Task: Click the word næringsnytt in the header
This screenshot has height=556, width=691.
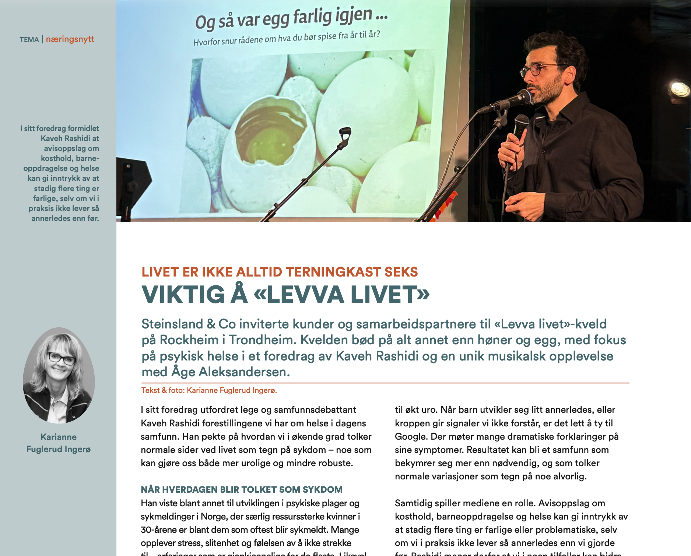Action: [x=70, y=39]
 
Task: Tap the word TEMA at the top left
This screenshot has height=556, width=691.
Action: [x=29, y=40]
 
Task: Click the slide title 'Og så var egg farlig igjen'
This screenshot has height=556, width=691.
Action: [x=291, y=18]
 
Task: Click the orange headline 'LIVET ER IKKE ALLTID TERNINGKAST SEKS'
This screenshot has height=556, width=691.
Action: [x=280, y=272]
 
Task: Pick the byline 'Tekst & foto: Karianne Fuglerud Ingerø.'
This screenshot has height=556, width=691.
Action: [x=209, y=390]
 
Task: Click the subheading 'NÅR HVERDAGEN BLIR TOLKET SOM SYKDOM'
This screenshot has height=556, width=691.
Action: [x=242, y=489]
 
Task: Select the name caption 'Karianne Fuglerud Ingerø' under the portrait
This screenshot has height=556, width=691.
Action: [x=59, y=443]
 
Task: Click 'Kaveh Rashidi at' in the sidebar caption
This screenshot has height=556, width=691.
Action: [x=70, y=138]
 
